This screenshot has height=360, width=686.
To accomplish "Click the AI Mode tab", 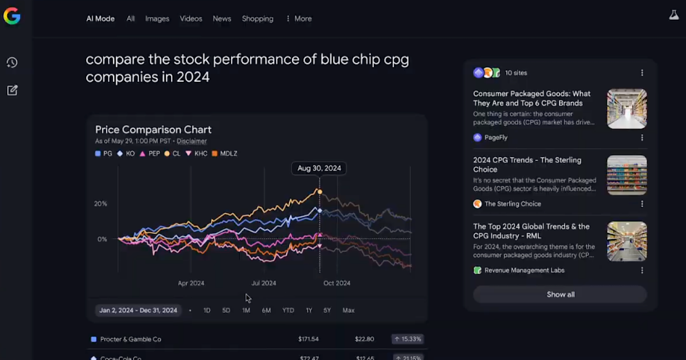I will (x=100, y=19).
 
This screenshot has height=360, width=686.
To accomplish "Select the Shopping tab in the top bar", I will (x=257, y=19).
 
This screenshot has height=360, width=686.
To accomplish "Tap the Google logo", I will (x=12, y=16).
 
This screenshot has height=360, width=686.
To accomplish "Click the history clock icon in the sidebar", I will (x=12, y=63).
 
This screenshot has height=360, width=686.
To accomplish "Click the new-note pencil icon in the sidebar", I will (x=12, y=90).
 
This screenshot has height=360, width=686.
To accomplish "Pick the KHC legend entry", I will (x=196, y=153).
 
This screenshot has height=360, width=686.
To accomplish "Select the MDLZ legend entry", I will (x=225, y=153).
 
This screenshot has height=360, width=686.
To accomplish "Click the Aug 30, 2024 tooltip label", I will (x=319, y=168).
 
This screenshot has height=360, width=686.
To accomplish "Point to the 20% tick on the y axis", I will (x=101, y=204).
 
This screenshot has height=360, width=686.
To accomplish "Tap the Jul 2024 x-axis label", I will (x=264, y=283).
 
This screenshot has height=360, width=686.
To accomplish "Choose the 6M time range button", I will (x=266, y=310).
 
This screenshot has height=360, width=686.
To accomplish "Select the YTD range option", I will (x=288, y=310).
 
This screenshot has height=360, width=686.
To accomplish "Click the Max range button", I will (x=348, y=310).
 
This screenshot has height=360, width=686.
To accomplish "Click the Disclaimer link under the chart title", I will (x=192, y=141).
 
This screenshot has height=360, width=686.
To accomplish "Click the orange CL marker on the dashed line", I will (x=320, y=192).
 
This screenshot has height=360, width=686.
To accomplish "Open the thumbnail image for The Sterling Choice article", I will (x=626, y=175).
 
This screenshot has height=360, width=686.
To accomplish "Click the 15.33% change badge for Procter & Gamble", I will (x=407, y=339).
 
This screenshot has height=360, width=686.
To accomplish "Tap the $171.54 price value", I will (x=308, y=339).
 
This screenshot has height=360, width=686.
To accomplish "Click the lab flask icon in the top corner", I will (x=674, y=15).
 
